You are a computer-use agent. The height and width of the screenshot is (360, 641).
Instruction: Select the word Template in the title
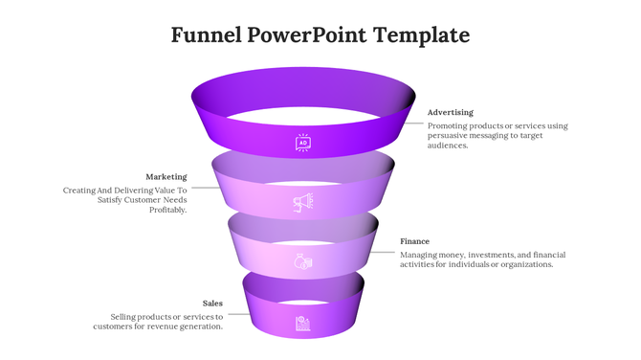point(422,36)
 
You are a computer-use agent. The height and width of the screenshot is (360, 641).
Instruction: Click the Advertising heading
point(450,112)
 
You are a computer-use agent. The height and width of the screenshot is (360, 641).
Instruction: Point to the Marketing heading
point(166,177)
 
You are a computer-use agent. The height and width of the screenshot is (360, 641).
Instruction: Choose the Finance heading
point(414,241)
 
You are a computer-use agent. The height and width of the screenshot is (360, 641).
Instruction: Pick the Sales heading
point(212,304)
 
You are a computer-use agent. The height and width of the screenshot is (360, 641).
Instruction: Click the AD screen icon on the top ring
point(303,143)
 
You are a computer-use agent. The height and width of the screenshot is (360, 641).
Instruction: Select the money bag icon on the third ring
point(303,261)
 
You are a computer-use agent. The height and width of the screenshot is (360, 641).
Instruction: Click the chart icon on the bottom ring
point(303,323)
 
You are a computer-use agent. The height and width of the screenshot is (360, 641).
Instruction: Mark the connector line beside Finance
point(385,253)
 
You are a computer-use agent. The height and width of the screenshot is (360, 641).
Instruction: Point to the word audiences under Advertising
point(447,146)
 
